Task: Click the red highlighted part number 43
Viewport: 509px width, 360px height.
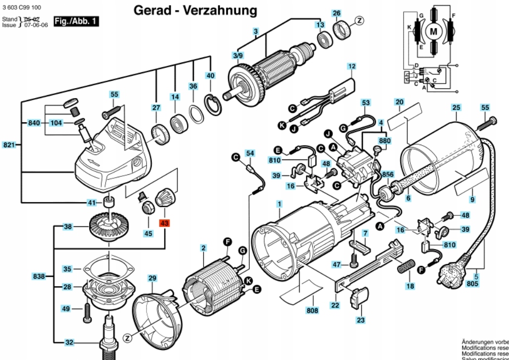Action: pos(165,223)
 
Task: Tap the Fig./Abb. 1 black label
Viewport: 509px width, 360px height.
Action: pos(76,21)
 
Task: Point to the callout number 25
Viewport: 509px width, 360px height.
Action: pos(456,107)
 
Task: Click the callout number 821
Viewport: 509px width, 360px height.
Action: pos(9,145)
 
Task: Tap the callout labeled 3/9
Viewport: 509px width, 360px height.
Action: pos(238,55)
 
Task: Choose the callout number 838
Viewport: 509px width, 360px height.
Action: pos(39,276)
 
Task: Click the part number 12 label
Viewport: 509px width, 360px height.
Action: pos(351,66)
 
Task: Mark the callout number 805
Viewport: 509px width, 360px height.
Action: pos(473,284)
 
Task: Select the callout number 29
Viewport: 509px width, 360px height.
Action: pos(152,278)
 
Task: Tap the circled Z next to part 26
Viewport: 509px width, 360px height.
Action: pos(359,20)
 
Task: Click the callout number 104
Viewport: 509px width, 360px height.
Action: pos(57,122)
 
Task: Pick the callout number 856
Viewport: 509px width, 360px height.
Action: pos(388,174)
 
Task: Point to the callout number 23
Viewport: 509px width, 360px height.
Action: pos(361,320)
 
